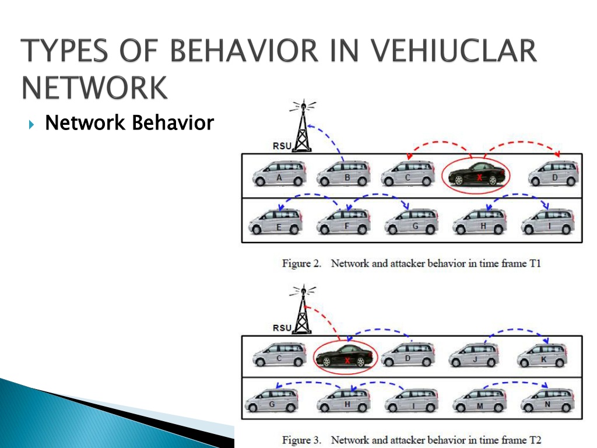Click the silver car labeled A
point(279,173)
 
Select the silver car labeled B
point(343,173)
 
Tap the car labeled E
point(275,221)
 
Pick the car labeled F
point(343,221)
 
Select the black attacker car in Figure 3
point(345,356)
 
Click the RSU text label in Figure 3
point(282,328)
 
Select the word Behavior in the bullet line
point(173,123)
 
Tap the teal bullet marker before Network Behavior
point(31,124)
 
